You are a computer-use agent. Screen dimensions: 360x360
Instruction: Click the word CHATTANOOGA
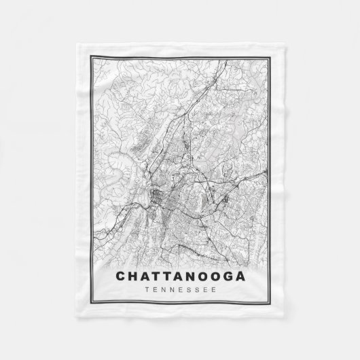(x=179, y=276)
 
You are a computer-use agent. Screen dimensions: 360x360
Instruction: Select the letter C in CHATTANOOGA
(x=121, y=276)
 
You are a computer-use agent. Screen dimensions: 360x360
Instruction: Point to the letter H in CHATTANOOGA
(x=133, y=276)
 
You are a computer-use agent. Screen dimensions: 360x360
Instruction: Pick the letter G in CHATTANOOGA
(x=225, y=276)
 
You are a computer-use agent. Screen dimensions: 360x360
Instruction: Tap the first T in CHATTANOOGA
(x=157, y=276)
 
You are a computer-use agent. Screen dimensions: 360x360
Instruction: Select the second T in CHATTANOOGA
(x=168, y=276)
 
